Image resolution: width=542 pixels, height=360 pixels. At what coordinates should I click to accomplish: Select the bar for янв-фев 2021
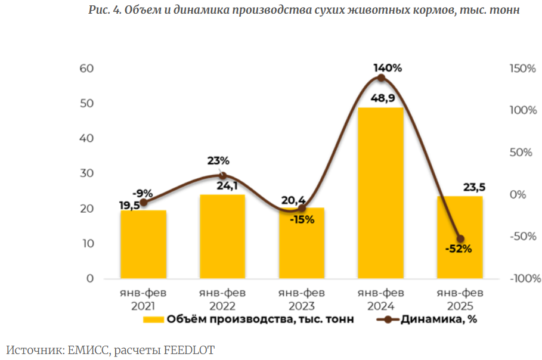[x=143, y=244]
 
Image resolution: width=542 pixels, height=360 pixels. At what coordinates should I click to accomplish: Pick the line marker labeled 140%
[x=381, y=78]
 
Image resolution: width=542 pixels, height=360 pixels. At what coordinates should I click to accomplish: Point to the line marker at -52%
[x=460, y=238]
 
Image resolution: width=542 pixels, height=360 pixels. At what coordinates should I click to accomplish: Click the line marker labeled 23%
[x=222, y=175]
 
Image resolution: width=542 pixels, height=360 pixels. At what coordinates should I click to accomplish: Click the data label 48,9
[x=382, y=98]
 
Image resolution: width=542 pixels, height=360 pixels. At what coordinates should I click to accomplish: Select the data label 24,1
[x=222, y=186]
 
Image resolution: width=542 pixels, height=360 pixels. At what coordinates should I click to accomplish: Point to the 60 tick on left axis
[x=87, y=69]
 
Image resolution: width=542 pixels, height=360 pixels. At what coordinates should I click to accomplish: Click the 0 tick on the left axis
[x=91, y=278]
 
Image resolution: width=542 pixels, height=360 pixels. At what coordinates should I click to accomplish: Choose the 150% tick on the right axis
[x=522, y=69]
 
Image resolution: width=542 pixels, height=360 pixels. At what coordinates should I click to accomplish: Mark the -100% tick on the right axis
[x=525, y=278]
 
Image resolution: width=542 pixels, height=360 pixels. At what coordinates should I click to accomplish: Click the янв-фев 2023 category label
[x=302, y=299]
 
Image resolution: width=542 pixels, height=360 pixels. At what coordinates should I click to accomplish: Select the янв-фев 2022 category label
[x=222, y=299]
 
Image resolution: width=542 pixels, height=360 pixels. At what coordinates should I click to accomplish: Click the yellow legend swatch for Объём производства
[x=153, y=319]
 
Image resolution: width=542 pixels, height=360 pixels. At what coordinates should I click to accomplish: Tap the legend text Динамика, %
[x=439, y=319]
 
